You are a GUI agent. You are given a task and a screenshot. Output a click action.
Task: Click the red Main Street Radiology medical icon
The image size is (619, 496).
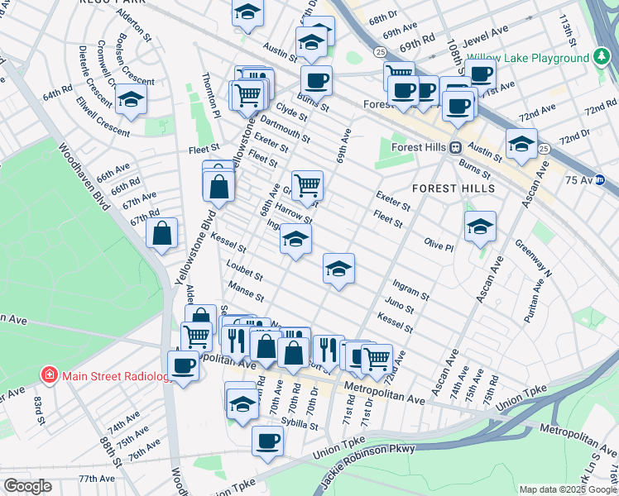(50, 375)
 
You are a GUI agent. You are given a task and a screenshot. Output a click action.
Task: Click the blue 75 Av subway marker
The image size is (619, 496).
(601, 179)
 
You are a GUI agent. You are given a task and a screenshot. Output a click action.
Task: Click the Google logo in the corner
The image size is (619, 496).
(27, 486)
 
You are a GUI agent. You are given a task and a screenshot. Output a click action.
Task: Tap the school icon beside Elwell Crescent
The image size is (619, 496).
(131, 100)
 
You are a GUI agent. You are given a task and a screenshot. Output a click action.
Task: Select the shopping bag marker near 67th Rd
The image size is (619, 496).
(162, 233)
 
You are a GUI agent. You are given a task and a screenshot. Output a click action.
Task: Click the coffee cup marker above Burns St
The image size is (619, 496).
(316, 81)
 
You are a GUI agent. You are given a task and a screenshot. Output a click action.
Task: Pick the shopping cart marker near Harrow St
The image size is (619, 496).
(307, 185)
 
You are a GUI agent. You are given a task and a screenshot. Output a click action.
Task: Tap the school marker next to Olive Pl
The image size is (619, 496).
(480, 227)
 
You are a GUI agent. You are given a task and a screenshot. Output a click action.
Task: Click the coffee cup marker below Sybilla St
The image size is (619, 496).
(267, 440)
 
